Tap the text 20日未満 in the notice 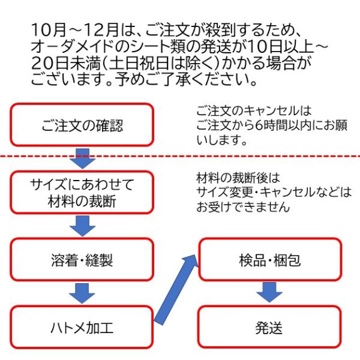coord(61,62)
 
